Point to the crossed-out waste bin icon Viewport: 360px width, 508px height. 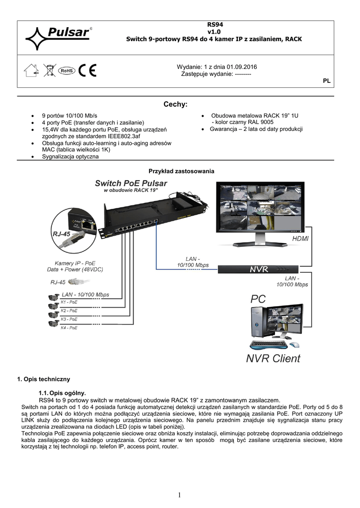(x=49, y=71)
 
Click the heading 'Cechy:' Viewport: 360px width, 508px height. (x=175, y=105)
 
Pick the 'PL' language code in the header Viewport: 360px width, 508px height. (x=327, y=80)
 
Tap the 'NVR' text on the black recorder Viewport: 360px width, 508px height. (x=259, y=269)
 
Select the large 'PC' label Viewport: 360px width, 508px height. (x=258, y=299)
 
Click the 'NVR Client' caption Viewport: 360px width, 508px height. (x=273, y=358)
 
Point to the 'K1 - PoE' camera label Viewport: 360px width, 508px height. (x=69, y=302)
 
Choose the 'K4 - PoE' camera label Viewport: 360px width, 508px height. (x=69, y=328)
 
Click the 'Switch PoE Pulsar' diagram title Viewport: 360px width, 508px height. (x=131, y=183)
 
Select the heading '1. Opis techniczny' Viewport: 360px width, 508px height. (x=44, y=380)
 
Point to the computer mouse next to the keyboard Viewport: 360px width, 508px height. (x=294, y=344)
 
